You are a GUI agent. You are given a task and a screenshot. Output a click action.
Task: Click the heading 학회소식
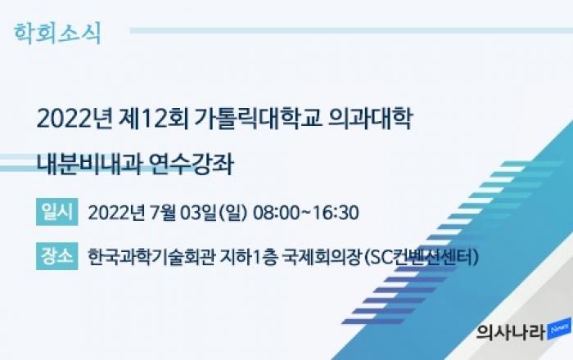click(x=57, y=34)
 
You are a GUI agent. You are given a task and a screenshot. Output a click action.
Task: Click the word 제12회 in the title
click(x=154, y=119)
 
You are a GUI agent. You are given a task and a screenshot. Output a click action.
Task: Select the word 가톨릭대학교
click(x=258, y=119)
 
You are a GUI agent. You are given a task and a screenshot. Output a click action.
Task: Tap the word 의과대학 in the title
click(x=371, y=119)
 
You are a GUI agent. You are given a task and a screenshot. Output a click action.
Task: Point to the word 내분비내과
click(x=88, y=164)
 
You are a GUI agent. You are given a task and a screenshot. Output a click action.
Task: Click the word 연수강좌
click(x=192, y=164)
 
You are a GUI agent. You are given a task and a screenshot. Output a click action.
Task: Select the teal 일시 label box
click(x=57, y=212)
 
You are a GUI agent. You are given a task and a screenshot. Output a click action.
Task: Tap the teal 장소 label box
click(x=57, y=256)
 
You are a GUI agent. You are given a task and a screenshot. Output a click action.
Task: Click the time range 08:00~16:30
click(x=306, y=213)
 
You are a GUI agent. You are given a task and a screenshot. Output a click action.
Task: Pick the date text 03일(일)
click(x=214, y=213)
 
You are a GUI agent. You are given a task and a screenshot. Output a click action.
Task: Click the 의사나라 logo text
click(x=511, y=332)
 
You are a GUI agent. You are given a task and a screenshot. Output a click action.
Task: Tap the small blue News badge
click(x=559, y=328)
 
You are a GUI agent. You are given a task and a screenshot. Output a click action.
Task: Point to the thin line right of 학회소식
click(x=351, y=30)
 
